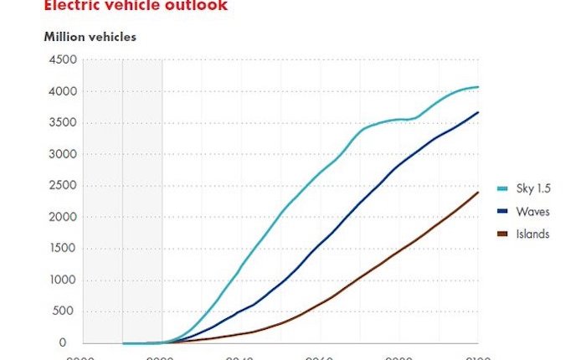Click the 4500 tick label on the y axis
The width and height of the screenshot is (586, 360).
pos(64,59)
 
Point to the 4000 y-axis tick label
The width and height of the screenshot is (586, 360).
pos(64,91)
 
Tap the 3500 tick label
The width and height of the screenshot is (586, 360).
pos(64,123)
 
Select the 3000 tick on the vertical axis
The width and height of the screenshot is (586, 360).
pos(64,154)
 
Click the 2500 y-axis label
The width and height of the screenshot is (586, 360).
pos(64,186)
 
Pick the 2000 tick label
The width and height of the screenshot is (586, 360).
pos(64,217)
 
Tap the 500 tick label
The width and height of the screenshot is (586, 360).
pos(67,311)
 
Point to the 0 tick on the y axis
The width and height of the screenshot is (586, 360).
pos(74,343)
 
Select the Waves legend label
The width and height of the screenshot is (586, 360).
pos(533,212)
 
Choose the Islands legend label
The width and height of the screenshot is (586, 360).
pos(534,234)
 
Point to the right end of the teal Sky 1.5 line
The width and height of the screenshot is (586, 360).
pos(478,87)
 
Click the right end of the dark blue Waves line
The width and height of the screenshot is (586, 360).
pos(478,112)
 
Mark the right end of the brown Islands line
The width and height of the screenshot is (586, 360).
pos(478,193)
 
